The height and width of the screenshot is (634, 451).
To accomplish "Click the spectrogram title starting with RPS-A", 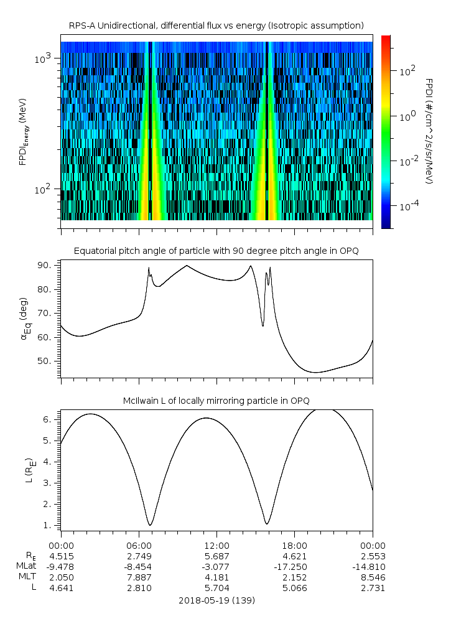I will pos(216,26).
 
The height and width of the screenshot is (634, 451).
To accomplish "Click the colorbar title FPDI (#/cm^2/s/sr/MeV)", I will pos(429,131).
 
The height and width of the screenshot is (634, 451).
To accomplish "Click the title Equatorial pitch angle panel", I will pos(216,251).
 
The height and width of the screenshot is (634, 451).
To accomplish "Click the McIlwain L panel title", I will pos(216,400).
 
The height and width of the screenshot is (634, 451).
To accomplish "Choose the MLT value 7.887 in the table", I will pos(139,577).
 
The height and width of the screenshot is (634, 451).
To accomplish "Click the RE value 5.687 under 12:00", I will pos(216,556).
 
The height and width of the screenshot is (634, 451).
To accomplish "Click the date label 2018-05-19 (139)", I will pos(216,600).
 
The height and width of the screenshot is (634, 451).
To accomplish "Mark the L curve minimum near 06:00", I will pos(149,524).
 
